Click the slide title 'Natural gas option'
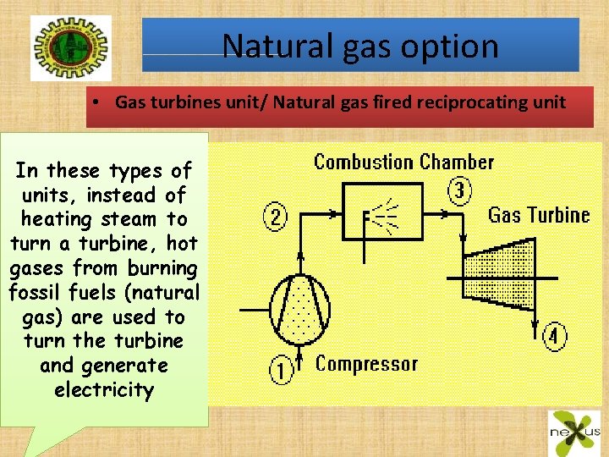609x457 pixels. pos(361,46)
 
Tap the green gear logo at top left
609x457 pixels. pos(58,48)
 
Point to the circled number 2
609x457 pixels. pos(275,217)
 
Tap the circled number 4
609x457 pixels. pos(554,336)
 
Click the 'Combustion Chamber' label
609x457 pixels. pos(403,162)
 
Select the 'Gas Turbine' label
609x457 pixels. pos(538,215)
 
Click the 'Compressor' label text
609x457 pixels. pos(366,364)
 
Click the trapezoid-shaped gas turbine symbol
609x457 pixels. pos(496,267)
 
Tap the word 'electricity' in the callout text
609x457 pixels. pos(104,390)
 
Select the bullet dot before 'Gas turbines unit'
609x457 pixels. pos(98,103)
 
